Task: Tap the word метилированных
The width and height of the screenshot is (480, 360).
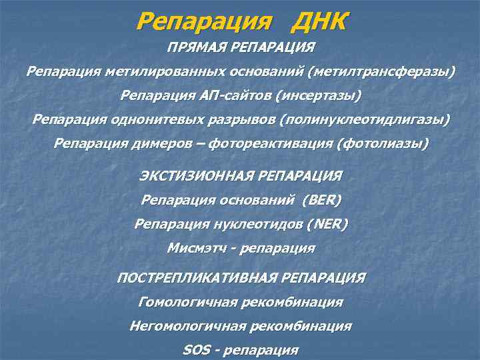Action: click(150, 72)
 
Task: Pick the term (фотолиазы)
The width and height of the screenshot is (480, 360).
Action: click(383, 143)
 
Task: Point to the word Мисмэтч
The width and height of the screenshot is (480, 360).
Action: click(196, 248)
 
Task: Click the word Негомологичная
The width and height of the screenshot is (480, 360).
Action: click(187, 326)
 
